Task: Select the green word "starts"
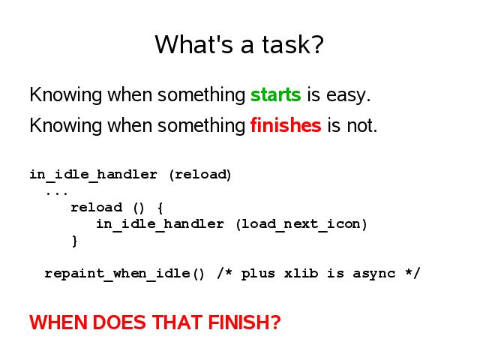click(276, 95)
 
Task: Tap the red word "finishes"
click(286, 125)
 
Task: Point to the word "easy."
click(348, 95)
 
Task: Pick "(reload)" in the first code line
click(200, 175)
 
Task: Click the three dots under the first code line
click(57, 193)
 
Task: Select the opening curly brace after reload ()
click(160, 208)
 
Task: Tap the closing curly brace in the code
click(74, 241)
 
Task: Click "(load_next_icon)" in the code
click(301, 224)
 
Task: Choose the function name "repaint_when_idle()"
click(124, 274)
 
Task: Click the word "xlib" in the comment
click(301, 273)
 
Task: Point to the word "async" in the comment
click(373, 274)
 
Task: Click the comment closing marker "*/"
click(412, 273)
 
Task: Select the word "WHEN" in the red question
click(58, 322)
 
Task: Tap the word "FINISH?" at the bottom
click(244, 322)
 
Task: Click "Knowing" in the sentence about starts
click(65, 95)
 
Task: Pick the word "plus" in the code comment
click(258, 274)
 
